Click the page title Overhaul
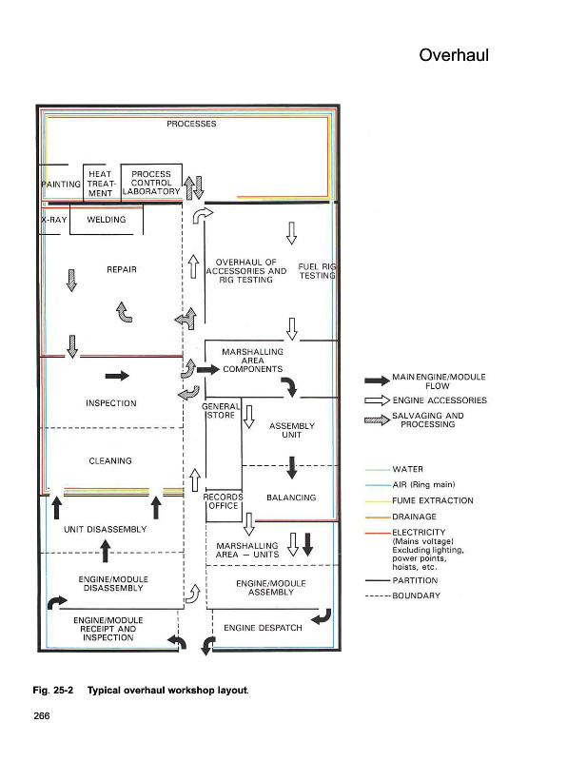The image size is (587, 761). [x=454, y=55]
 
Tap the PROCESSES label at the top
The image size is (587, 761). [x=191, y=124]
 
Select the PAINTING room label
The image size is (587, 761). [x=61, y=185]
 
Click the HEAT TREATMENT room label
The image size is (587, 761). [x=100, y=184]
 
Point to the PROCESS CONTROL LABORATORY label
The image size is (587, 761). [x=151, y=183]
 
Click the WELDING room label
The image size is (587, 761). [x=107, y=220]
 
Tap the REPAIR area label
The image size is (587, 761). [x=122, y=269]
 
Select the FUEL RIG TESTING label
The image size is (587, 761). [x=317, y=271]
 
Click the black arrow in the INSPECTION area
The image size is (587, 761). [x=117, y=376]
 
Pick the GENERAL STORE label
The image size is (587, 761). [x=221, y=411]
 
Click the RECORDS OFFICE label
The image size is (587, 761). [x=223, y=501]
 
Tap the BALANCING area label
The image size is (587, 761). [x=291, y=498]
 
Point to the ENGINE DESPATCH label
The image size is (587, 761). [x=263, y=628]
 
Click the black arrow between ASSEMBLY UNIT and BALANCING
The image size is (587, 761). [x=292, y=467]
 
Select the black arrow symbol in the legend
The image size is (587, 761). [x=378, y=381]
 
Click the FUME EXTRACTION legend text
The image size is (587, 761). [x=433, y=500]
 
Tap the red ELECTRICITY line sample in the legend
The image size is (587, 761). [x=378, y=533]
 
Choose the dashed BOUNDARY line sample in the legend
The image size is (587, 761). [x=378, y=596]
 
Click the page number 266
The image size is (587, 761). [x=42, y=716]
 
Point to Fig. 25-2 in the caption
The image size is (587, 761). [x=53, y=691]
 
